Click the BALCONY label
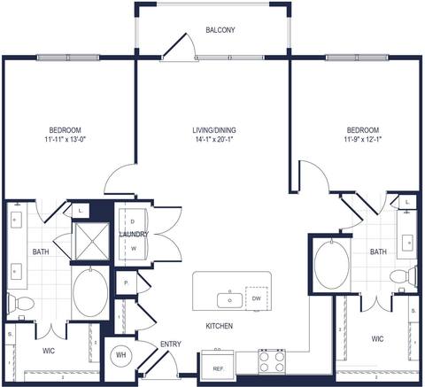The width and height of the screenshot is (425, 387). (x=220, y=30)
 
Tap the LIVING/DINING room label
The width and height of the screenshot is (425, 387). (x=213, y=130)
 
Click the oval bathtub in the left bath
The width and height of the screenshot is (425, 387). (x=90, y=291)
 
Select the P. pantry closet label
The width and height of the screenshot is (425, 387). (x=127, y=283)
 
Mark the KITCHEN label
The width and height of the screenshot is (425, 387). (x=219, y=327)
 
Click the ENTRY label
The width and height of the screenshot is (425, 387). (x=171, y=344)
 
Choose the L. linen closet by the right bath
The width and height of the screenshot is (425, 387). (x=406, y=203)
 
